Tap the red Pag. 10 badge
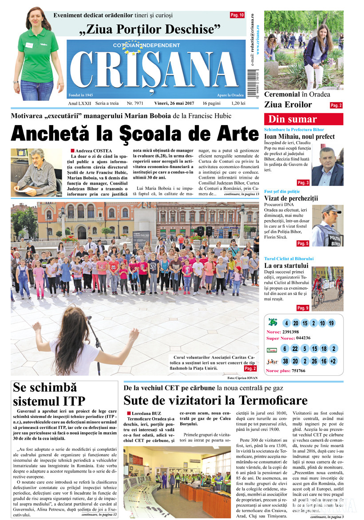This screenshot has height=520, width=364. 237,15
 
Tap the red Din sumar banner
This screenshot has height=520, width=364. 303,119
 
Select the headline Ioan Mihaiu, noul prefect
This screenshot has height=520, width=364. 299,137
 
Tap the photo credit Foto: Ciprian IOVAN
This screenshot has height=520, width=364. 242,378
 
